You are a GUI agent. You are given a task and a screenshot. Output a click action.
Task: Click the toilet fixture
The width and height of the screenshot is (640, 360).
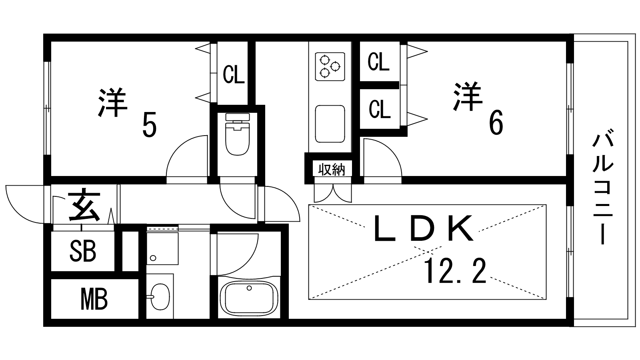(x=238, y=134)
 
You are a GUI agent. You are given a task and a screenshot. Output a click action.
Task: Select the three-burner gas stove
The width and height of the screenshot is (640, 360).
(x=330, y=66)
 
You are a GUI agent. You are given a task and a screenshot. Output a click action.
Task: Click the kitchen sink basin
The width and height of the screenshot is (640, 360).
(x=330, y=124)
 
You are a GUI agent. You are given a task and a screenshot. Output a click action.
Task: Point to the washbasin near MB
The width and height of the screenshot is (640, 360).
(x=160, y=297)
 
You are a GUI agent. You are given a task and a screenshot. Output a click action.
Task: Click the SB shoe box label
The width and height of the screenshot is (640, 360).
(x=83, y=251)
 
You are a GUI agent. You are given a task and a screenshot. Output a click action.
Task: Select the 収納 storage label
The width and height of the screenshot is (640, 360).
(x=332, y=170)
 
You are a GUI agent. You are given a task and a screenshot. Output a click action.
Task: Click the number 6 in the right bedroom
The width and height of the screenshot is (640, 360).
(x=496, y=122)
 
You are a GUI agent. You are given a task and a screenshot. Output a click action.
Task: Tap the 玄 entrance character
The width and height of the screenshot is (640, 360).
(x=84, y=204)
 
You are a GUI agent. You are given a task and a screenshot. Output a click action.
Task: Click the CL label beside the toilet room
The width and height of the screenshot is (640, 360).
(x=234, y=74)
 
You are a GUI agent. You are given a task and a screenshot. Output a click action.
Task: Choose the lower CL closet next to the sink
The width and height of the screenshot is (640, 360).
(x=380, y=109)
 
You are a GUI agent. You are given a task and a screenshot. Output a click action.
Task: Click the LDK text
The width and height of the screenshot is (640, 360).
(x=424, y=228)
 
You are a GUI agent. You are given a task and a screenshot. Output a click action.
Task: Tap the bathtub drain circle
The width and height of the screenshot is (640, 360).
(x=249, y=288)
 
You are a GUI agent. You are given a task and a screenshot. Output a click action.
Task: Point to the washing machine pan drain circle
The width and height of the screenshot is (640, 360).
(x=153, y=258)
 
